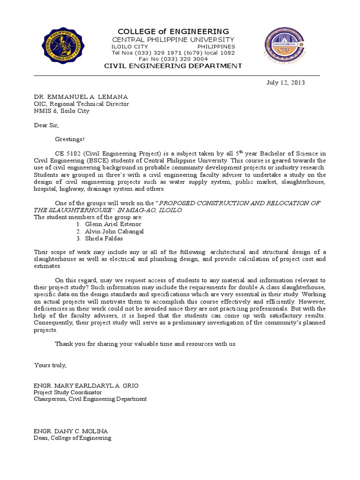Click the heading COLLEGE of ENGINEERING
173,31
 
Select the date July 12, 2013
285,82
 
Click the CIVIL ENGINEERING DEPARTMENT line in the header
173,66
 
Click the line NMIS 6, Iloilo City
61,111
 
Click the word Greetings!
70,139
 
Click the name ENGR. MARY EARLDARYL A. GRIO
86,385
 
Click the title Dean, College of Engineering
73,438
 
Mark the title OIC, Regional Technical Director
82,104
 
